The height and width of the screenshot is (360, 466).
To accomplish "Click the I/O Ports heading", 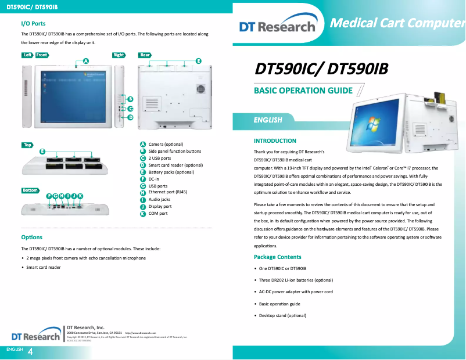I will (x=33, y=24).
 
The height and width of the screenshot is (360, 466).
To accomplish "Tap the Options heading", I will (x=31, y=237).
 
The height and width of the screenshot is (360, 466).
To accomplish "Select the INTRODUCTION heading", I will (x=275, y=141).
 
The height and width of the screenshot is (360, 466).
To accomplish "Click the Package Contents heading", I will (x=277, y=257).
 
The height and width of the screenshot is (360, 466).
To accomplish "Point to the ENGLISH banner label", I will (x=267, y=120).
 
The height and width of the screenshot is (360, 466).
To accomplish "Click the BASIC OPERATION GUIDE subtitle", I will (x=303, y=91).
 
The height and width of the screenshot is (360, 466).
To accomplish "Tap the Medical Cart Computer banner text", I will (x=397, y=23).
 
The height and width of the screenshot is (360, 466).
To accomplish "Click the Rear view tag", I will (x=145, y=55).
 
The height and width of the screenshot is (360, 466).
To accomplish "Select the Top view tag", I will (x=27, y=145).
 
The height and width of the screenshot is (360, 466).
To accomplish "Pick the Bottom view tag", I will (x=30, y=190).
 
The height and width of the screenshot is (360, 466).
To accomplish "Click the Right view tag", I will (x=119, y=55).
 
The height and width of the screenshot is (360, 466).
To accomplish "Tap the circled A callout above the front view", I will (x=86, y=60).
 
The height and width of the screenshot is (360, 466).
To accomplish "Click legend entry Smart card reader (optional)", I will (x=175, y=165).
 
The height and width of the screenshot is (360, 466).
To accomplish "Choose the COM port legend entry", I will (x=158, y=214).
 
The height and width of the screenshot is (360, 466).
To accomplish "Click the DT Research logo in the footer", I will (x=35, y=336).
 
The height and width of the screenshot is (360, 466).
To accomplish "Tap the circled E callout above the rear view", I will (x=198, y=60).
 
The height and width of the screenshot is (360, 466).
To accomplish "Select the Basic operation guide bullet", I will (x=279, y=304).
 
